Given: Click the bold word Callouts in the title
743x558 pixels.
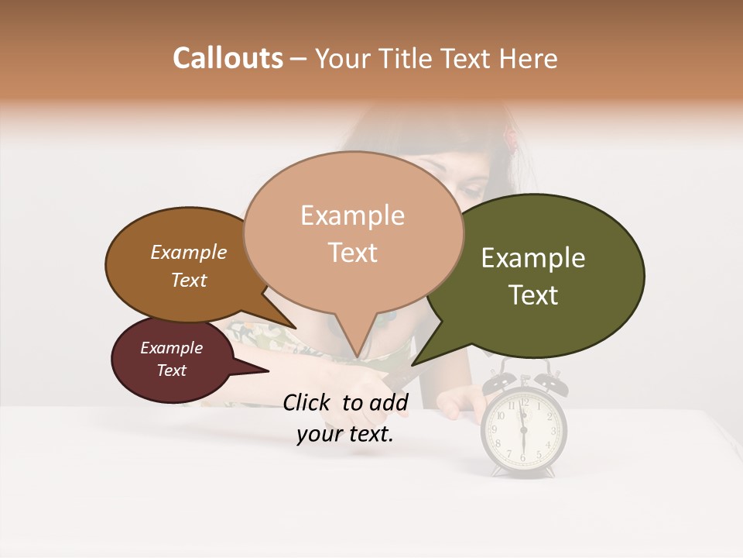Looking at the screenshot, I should pyautogui.click(x=228, y=58).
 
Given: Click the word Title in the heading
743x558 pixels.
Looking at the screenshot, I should pyautogui.click(x=409, y=58).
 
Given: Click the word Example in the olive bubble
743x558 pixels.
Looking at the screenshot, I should pyautogui.click(x=533, y=258).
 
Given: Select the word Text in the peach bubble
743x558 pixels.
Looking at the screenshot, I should pyautogui.click(x=353, y=253).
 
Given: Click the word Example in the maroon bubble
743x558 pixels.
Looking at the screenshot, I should pyautogui.click(x=172, y=348).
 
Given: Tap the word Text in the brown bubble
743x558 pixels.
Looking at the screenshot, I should pyautogui.click(x=189, y=280).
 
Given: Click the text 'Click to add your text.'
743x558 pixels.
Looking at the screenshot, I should pyautogui.click(x=344, y=418).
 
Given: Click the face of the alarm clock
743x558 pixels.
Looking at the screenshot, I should pyautogui.click(x=523, y=434).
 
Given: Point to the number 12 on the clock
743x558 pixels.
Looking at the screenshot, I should pyautogui.click(x=524, y=402).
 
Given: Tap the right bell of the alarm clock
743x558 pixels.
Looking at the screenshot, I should pyautogui.click(x=550, y=382).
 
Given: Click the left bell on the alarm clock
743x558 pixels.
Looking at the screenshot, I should pyautogui.click(x=496, y=382).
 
